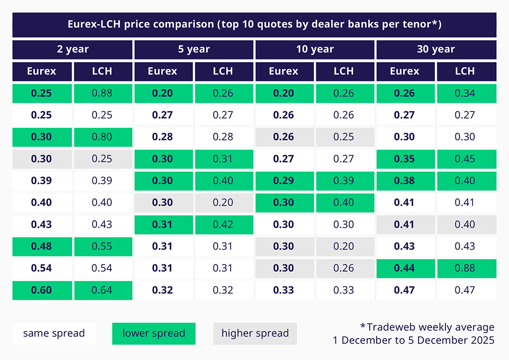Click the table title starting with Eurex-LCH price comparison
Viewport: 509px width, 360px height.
pyautogui.click(x=254, y=24)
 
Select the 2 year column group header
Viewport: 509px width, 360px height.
pyautogui.click(x=73, y=49)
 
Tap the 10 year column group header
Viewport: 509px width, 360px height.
pyautogui.click(x=315, y=49)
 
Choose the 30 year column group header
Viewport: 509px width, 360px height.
pyautogui.click(x=436, y=49)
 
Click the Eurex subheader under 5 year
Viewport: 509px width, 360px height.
pyautogui.click(x=163, y=71)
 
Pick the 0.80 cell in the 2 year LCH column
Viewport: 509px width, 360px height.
pyautogui.click(x=102, y=137)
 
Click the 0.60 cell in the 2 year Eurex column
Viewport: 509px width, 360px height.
pyautogui.click(x=42, y=290)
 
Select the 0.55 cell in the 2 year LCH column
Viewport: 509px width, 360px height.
pyautogui.click(x=102, y=246)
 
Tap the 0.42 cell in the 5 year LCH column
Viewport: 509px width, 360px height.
pyautogui.click(x=223, y=224)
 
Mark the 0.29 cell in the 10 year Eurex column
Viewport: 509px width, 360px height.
pyautogui.click(x=284, y=180)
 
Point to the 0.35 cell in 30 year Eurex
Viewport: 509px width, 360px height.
pyautogui.click(x=405, y=159)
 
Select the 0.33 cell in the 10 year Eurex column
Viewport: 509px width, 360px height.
pyautogui.click(x=284, y=290)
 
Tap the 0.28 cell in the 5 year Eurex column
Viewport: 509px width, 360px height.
pyautogui.click(x=163, y=137)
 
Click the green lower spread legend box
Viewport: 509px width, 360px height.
pyautogui.click(x=154, y=333)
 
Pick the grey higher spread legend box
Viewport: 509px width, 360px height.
pyautogui.click(x=255, y=333)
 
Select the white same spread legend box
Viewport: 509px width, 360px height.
pyautogui.click(x=54, y=333)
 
